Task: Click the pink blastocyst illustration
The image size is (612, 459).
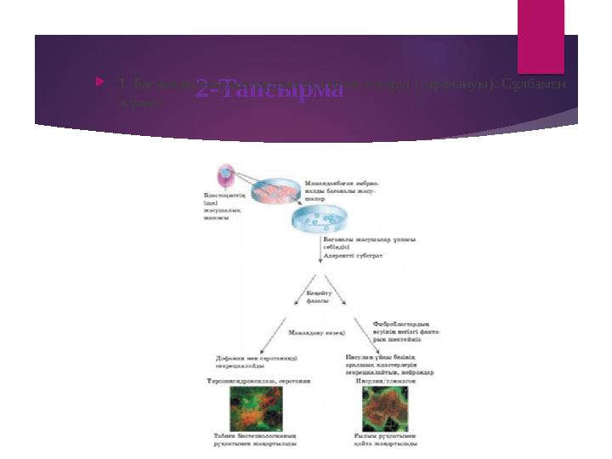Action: click(225, 176)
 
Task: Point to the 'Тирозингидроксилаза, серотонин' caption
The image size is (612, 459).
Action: click(259, 381)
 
